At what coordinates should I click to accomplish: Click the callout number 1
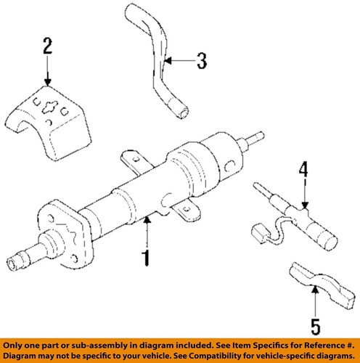147,257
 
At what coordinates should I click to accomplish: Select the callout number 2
47,49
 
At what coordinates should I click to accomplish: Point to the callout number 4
304,171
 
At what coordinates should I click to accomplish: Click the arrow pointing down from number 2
47,73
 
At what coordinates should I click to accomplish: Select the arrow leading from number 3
179,61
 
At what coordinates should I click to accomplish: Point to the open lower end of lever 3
185,111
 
